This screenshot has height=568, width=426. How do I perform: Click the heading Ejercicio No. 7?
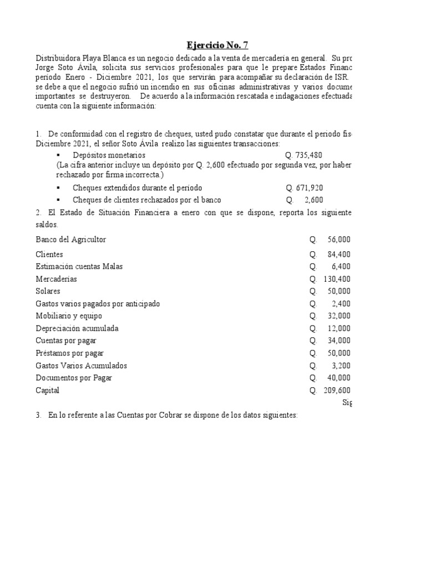point(213,45)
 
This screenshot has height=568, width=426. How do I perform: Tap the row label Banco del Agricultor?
point(70,240)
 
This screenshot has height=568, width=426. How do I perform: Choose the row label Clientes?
point(49,255)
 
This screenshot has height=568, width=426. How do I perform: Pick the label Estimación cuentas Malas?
point(79,267)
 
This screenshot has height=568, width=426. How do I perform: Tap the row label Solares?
point(48,291)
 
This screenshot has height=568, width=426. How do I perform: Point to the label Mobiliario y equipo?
point(69,316)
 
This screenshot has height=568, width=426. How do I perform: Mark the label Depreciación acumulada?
point(77,328)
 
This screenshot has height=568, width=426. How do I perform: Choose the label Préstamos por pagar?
point(69,353)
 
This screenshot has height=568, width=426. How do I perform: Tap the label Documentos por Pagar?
point(74,378)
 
